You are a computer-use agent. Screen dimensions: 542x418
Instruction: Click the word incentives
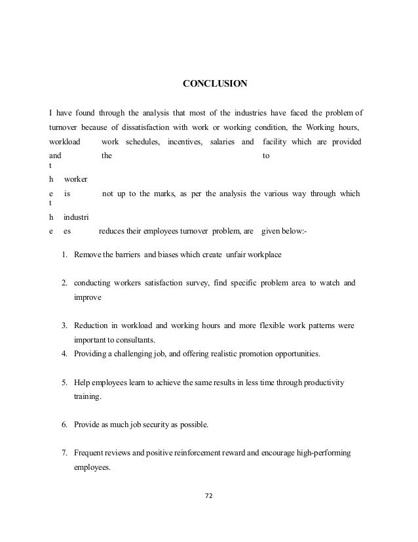click(186, 142)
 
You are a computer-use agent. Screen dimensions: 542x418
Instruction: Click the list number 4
click(65, 354)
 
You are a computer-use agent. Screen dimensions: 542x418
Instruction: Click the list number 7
click(65, 453)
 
